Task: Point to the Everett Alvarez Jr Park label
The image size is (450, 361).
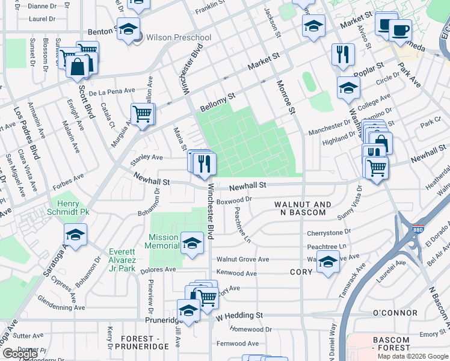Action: [x=122, y=260]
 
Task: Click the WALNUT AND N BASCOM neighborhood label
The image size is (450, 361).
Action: [x=303, y=209]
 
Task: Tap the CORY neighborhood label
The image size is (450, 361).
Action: [x=300, y=272]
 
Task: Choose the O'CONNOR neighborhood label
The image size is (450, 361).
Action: [x=395, y=313]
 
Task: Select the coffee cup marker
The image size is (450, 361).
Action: [x=400, y=29]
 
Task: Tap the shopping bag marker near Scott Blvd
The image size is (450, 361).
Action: [x=78, y=66]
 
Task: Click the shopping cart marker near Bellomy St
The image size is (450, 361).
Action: [x=143, y=113]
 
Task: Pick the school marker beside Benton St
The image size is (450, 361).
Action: [x=128, y=29]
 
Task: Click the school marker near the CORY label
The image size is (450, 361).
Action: [x=328, y=262]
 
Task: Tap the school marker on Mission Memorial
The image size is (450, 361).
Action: [x=192, y=243]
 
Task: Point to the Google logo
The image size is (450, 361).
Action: [x=20, y=354]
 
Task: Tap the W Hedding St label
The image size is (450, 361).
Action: [x=239, y=315]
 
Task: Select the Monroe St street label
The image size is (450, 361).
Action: [x=286, y=96]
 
